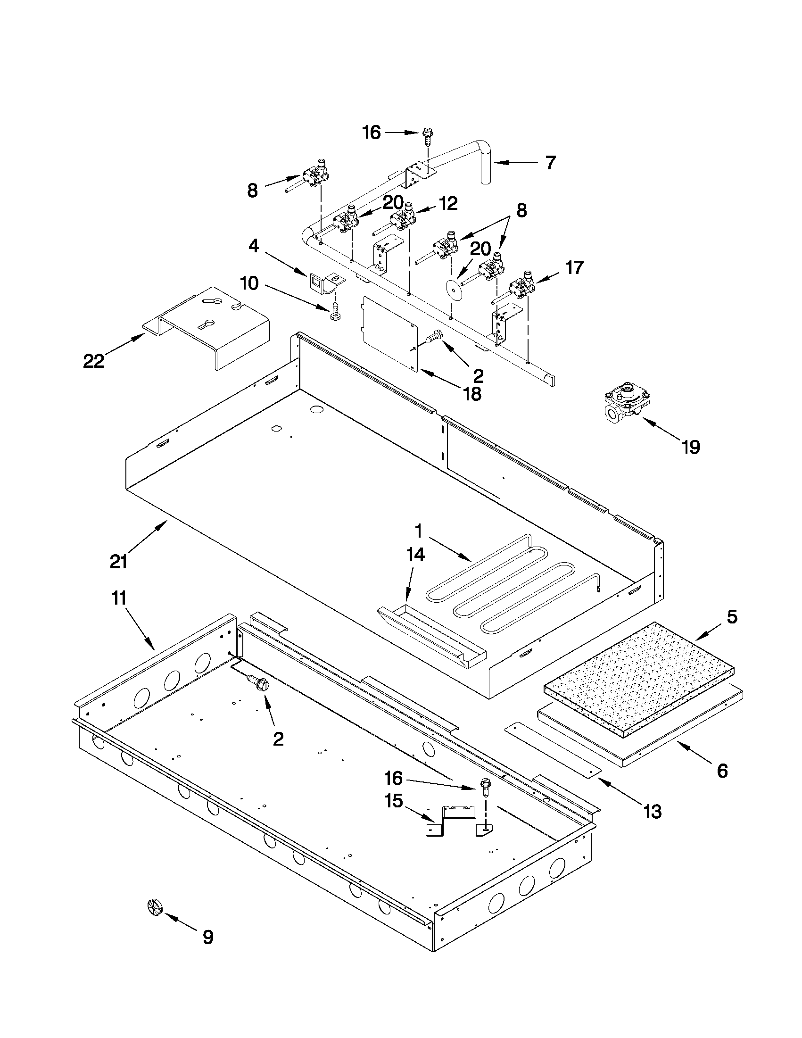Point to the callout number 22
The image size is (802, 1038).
[93, 361]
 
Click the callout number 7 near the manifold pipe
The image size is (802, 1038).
[550, 163]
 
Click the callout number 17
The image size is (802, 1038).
[574, 267]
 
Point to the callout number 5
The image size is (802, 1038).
[732, 617]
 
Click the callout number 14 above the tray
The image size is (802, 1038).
[415, 555]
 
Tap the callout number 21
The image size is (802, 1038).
[118, 562]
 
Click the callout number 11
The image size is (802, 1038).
[118, 598]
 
